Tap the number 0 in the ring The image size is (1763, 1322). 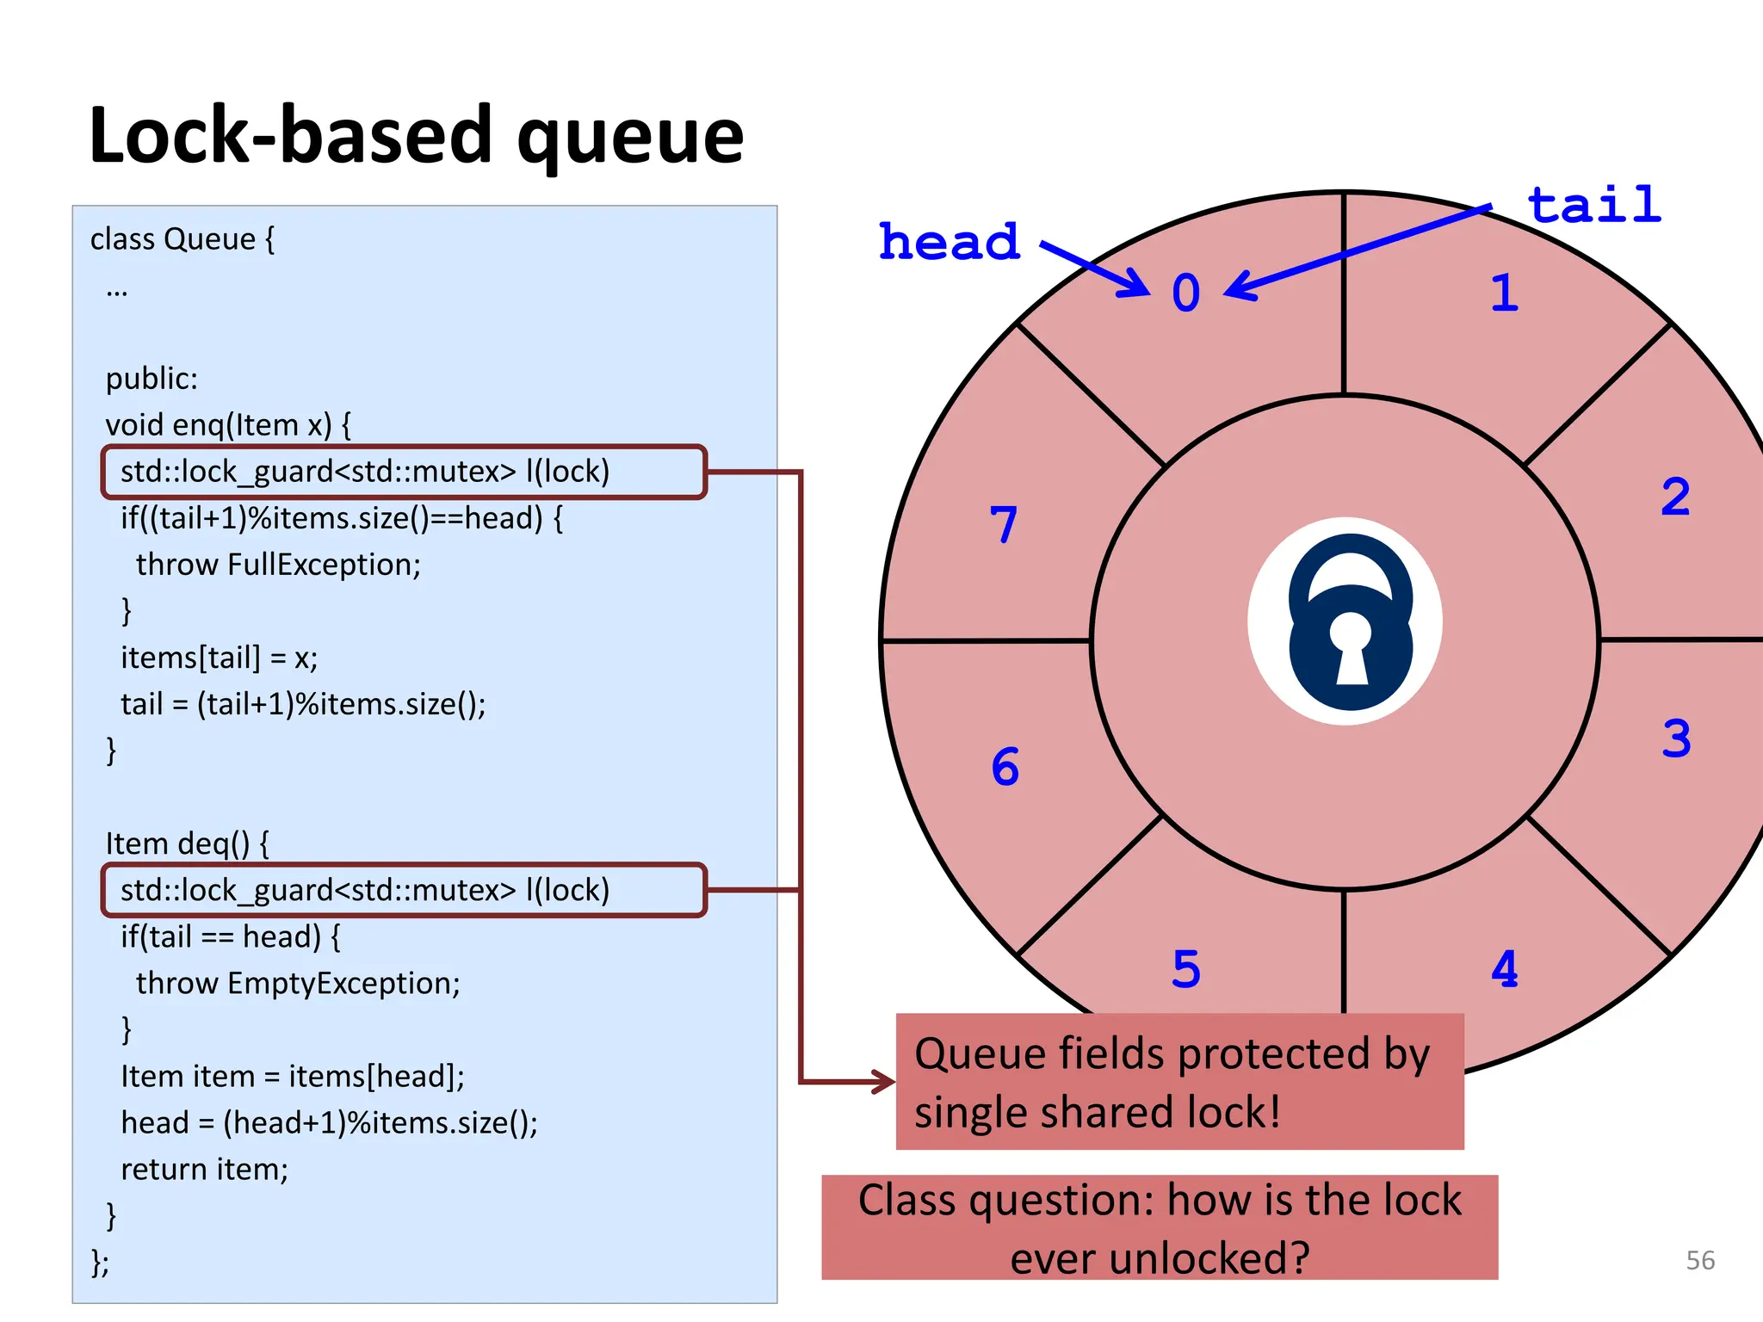click(x=1185, y=293)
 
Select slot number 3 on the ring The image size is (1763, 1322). click(x=1676, y=738)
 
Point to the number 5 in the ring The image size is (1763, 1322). click(x=1185, y=969)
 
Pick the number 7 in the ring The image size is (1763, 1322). click(x=1004, y=524)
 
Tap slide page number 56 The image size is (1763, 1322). click(x=1699, y=1260)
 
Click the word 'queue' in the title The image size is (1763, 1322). click(x=630, y=138)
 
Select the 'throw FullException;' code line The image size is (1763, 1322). click(x=278, y=565)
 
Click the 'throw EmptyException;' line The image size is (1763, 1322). click(x=298, y=983)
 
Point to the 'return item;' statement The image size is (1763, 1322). click(x=204, y=1169)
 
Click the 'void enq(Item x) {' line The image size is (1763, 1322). click(x=228, y=424)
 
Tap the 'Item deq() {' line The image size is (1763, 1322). click(x=187, y=843)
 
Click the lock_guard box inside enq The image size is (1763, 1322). click(x=403, y=472)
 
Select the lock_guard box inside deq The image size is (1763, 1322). click(x=403, y=890)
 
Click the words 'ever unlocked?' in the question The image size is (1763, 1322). click(x=1160, y=1257)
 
